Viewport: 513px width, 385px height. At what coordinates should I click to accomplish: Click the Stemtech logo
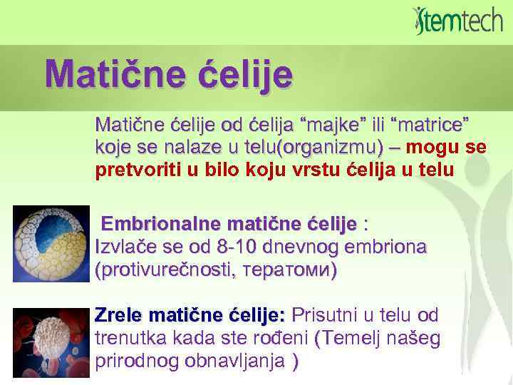457,21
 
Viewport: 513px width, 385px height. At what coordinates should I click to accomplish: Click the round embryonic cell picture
51,243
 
